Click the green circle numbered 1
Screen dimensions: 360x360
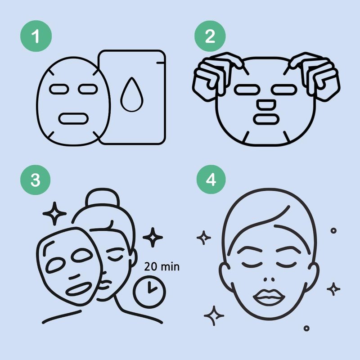click(x=36, y=36)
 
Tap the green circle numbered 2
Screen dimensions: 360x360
click(x=210, y=36)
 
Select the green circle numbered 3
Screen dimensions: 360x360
click(x=36, y=180)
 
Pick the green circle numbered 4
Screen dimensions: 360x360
click(x=211, y=179)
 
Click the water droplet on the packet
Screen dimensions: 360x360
click(x=132, y=94)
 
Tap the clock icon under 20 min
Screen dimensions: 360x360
click(x=149, y=292)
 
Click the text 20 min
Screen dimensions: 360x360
click(x=162, y=267)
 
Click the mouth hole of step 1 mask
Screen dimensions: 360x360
click(x=73, y=118)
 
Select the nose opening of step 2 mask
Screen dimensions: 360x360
click(x=266, y=104)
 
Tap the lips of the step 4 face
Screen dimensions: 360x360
click(x=269, y=297)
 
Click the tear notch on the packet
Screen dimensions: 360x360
click(x=161, y=63)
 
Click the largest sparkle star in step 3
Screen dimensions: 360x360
click(x=54, y=213)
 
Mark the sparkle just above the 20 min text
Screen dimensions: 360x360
click(x=153, y=238)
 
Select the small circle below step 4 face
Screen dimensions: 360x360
click(x=306, y=328)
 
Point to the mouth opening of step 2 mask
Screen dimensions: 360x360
click(x=266, y=119)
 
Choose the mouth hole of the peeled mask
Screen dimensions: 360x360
click(x=79, y=289)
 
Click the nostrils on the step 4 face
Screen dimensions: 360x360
click(x=269, y=279)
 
